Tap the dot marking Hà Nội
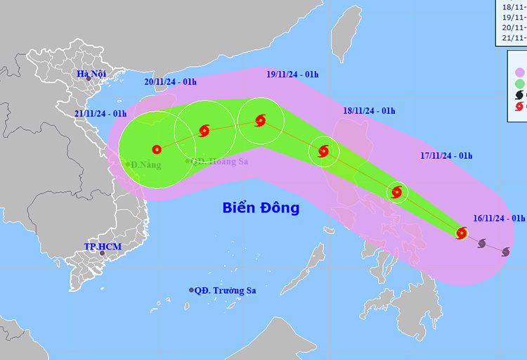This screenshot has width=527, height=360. [89, 78]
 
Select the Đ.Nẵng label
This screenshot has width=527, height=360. [145, 165]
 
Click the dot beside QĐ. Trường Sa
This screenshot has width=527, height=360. [191, 290]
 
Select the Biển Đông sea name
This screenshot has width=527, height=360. [261, 208]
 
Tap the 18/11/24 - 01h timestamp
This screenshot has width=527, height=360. [369, 111]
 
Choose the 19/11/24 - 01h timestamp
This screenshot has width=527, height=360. [292, 73]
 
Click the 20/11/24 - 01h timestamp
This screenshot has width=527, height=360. [170, 82]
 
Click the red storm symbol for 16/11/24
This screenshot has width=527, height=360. [462, 233]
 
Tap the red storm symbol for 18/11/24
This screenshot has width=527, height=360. [323, 150]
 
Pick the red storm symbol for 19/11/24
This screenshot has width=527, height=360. [260, 121]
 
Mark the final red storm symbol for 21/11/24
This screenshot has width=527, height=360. [156, 149]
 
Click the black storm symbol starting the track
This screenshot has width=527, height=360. [505, 251]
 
